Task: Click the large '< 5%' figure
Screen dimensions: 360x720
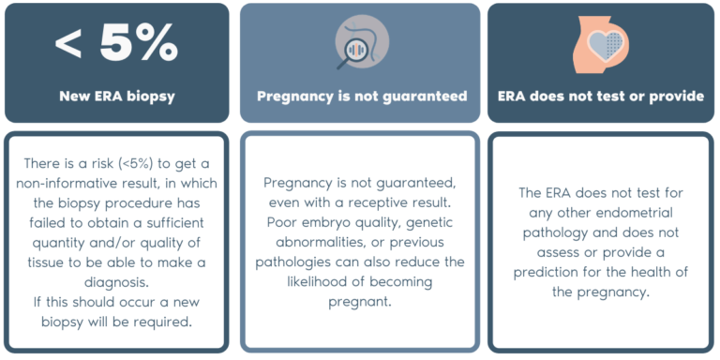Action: (116, 42)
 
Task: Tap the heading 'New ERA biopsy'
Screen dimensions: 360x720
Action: (116, 95)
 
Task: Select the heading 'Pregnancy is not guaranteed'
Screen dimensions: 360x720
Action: (362, 96)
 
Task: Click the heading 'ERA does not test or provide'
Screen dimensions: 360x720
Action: (601, 96)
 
